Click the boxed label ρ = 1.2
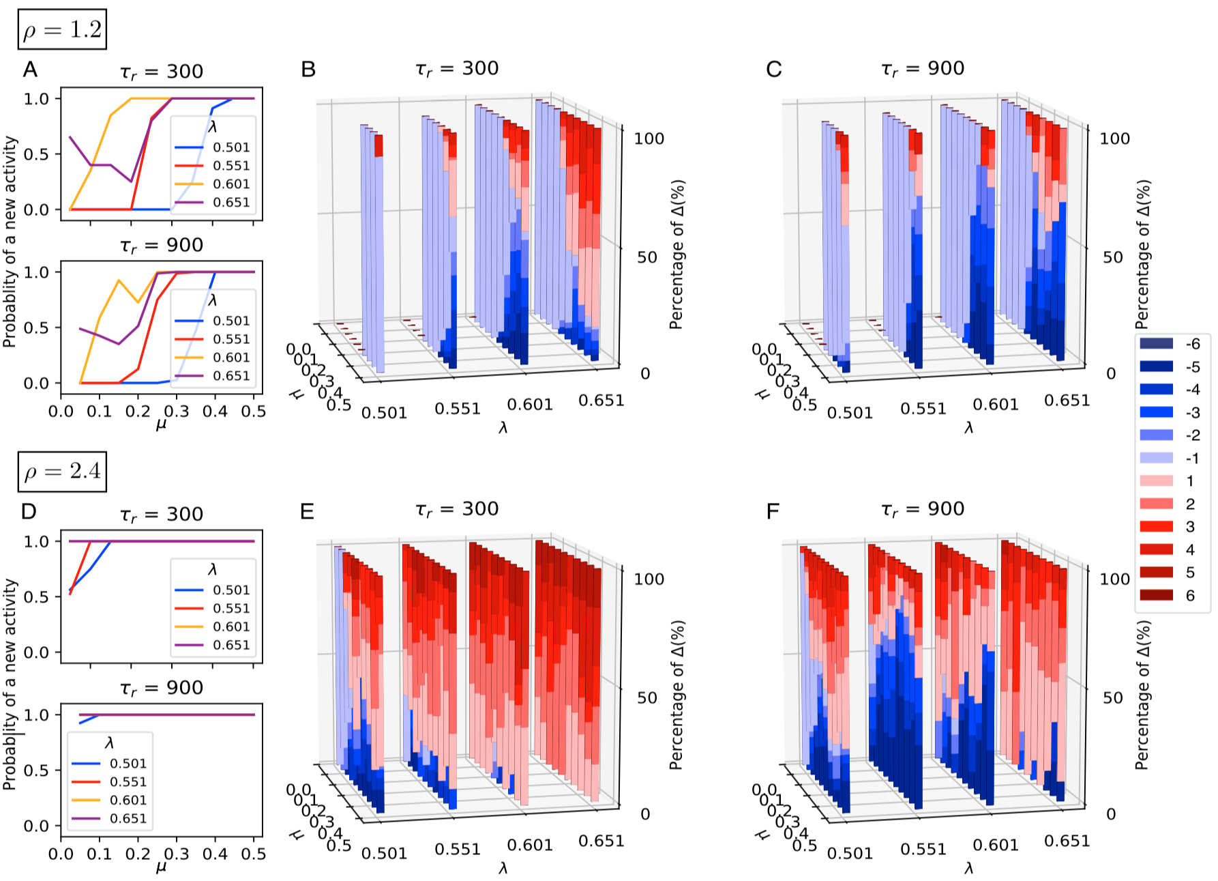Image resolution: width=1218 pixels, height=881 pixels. pyautogui.click(x=62, y=29)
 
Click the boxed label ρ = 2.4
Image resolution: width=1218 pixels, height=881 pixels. pyautogui.click(x=62, y=471)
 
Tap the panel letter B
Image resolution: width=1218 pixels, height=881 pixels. pyautogui.click(x=308, y=70)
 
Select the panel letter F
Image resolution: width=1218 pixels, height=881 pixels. pyautogui.click(x=773, y=511)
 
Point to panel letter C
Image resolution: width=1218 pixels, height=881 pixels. pyautogui.click(x=773, y=70)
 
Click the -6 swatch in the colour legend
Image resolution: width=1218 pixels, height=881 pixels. pyautogui.click(x=1156, y=344)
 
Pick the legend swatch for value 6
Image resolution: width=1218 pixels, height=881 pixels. pyautogui.click(x=1156, y=595)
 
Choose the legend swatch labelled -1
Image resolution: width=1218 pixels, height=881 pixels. pyautogui.click(x=1156, y=458)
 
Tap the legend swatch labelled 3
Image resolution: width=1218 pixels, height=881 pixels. pyautogui.click(x=1156, y=526)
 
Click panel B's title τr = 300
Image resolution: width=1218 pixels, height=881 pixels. pyautogui.click(x=457, y=69)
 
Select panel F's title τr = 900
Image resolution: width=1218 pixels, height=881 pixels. pyautogui.click(x=923, y=510)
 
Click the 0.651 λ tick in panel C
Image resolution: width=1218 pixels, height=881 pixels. pyautogui.click(x=1067, y=401)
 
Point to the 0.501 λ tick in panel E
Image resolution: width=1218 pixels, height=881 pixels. pyautogui.click(x=384, y=853)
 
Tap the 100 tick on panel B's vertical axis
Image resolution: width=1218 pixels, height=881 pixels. pyautogui.click(x=649, y=139)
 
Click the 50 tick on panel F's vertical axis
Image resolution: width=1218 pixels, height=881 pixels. pyautogui.click(x=1113, y=697)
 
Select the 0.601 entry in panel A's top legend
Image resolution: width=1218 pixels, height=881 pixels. pyautogui.click(x=231, y=184)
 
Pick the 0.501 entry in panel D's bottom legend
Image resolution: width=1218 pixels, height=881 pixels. pyautogui.click(x=128, y=764)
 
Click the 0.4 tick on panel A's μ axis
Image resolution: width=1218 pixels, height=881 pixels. pyautogui.click(x=215, y=411)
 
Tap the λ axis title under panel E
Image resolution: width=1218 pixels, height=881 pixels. pyautogui.click(x=503, y=869)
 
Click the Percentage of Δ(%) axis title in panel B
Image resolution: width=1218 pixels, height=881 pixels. pyautogui.click(x=677, y=255)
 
